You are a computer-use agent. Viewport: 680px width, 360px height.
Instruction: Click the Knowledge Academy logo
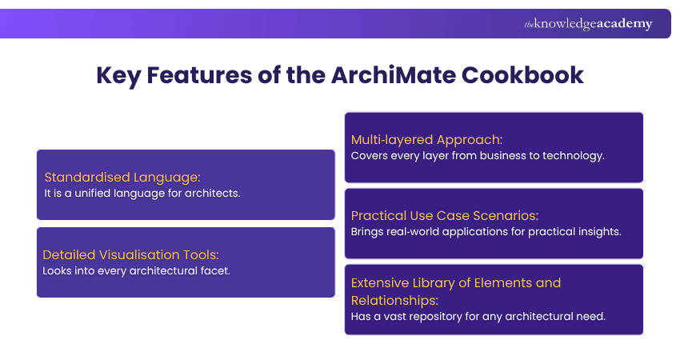tap(588, 24)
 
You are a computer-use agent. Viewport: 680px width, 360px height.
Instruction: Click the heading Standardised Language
tap(122, 177)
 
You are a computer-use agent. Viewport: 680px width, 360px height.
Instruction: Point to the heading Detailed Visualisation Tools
tap(130, 254)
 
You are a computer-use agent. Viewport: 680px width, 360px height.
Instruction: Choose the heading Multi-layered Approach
tap(426, 140)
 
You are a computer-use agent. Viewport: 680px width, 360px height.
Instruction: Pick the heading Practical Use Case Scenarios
tap(443, 215)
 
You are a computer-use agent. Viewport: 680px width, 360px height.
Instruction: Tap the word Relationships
tap(394, 300)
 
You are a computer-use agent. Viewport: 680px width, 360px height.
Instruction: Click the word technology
tap(572, 155)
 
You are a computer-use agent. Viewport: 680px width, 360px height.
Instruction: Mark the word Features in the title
tap(193, 76)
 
